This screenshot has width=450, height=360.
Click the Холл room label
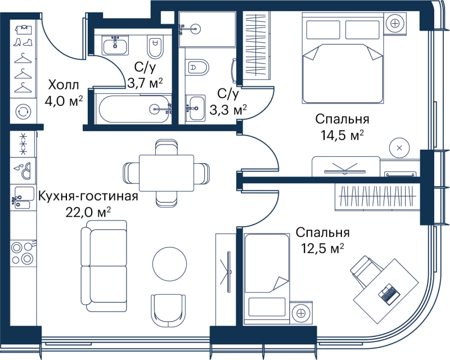tap(64, 85)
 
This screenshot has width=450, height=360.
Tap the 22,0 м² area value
tap(88, 213)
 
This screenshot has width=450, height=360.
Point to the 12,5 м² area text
tap(322, 248)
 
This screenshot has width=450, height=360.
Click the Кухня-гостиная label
tap(88, 197)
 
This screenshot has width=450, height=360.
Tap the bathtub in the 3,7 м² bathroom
tap(134, 109)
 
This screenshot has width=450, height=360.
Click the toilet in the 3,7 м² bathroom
tap(155, 47)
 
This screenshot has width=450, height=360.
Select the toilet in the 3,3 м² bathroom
tap(197, 67)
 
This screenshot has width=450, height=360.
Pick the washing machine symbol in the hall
tap(23, 111)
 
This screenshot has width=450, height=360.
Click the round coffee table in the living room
tap(170, 264)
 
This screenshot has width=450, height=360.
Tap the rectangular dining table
tap(166, 173)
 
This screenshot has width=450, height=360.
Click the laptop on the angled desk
tap(389, 294)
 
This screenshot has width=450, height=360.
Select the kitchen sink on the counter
tap(23, 197)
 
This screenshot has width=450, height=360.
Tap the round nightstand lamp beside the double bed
tap(395, 23)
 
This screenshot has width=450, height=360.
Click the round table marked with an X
tap(399, 148)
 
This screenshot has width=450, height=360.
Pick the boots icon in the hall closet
tap(23, 43)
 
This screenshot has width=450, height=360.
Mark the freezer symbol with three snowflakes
tap(23, 143)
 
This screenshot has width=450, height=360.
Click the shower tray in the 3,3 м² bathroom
tap(207, 29)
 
